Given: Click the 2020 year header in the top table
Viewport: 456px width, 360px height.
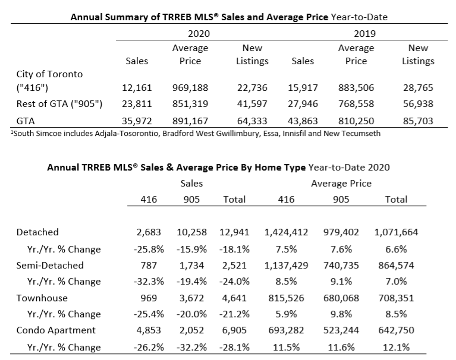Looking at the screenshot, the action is coord(199,34).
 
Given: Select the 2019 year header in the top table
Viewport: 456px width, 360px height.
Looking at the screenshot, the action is coord(364,34).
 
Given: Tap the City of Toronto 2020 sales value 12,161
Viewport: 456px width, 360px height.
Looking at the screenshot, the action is coord(137,88).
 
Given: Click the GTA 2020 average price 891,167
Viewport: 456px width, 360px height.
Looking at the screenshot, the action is coord(190,121).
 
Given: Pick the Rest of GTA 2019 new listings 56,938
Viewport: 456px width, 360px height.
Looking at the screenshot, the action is coord(418,104).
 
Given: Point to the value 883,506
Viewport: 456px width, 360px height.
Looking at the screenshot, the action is coord(356,88).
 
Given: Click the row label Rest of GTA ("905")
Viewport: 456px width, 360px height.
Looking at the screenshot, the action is coord(59,104).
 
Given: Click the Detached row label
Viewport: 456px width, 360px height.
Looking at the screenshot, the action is coord(37,232).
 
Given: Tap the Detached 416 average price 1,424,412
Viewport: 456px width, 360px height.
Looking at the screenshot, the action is coord(286,232).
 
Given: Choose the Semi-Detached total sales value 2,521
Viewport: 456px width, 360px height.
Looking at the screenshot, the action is coord(234,266).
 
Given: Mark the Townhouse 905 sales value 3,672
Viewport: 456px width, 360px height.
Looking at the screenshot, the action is coord(191,298).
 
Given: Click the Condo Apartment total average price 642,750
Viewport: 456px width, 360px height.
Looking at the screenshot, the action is coord(396,330).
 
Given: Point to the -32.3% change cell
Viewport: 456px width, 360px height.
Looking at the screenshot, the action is coord(149,282).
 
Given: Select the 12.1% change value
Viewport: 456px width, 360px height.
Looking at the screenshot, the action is coord(396,347).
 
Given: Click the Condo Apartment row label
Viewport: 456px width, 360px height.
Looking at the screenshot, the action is coord(56,330).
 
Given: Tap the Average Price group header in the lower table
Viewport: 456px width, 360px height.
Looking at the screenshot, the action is coord(341,184).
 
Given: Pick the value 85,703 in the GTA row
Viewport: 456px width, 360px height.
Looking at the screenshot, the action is coord(418,121).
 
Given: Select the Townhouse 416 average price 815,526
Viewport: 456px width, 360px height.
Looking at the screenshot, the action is coord(286,298).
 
